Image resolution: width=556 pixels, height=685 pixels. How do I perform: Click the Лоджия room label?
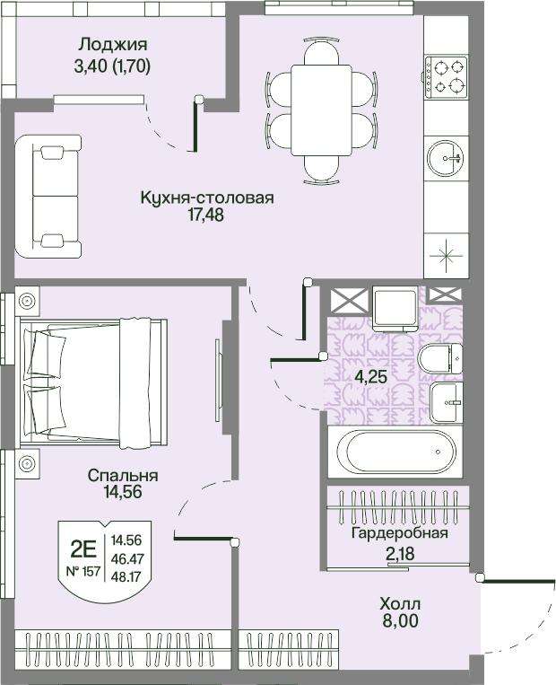113,45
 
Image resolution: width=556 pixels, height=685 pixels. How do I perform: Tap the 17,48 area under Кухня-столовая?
205,215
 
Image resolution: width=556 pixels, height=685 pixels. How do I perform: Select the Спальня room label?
123,475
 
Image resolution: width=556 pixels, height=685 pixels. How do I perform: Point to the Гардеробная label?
400,533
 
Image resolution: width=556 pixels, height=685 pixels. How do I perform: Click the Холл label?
400,604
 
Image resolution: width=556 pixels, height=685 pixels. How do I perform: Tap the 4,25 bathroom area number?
370,376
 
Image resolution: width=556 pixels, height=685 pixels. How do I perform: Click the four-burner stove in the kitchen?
446,77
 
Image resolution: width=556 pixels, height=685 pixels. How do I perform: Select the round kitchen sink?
446,158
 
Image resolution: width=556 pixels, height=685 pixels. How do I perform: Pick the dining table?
321,110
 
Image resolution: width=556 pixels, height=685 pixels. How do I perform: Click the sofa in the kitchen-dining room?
48,196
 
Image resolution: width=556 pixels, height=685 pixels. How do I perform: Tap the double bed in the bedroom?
93,383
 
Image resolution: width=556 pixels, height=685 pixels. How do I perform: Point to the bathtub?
401,452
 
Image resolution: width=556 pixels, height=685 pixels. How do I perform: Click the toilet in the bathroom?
440,358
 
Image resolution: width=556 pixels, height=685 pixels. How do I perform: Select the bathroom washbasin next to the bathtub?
446,402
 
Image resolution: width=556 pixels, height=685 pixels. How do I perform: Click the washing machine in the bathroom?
395,309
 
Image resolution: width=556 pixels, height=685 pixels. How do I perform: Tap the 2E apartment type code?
83,549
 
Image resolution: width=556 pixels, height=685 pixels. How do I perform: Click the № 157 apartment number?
83,571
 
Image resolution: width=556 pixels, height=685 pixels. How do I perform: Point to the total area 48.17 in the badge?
126,576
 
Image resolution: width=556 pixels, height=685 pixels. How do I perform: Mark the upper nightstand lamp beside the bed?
27,301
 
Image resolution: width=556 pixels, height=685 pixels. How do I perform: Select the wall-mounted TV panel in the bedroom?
218,381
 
